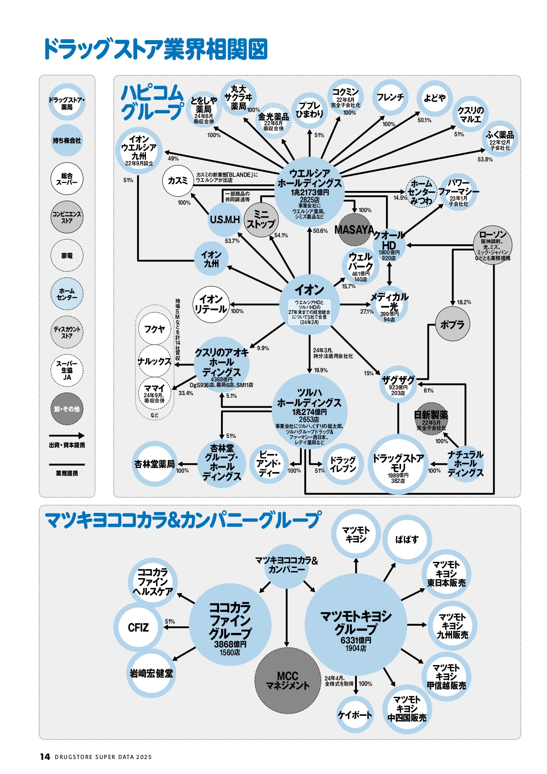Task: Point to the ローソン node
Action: pyautogui.click(x=493, y=245)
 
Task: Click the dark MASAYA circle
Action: pyautogui.click(x=354, y=230)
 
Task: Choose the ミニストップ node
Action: pyautogui.click(x=261, y=219)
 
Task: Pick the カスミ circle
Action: pyautogui.click(x=178, y=181)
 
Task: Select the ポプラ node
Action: pyautogui.click(x=452, y=325)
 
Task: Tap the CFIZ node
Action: pyautogui.click(x=138, y=628)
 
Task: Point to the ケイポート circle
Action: pyautogui.click(x=355, y=715)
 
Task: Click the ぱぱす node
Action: pyautogui.click(x=407, y=539)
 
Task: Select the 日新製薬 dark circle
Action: pyautogui.click(x=431, y=419)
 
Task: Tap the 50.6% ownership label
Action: pyautogui.click(x=320, y=231)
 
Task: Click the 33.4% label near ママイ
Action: pyautogui.click(x=186, y=393)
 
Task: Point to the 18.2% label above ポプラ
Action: pyautogui.click(x=464, y=303)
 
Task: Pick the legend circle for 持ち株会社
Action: pyautogui.click(x=67, y=141)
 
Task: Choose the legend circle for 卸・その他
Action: pyautogui.click(x=67, y=409)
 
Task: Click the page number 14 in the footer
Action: pyautogui.click(x=45, y=757)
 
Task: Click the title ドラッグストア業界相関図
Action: pyautogui.click(x=155, y=49)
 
